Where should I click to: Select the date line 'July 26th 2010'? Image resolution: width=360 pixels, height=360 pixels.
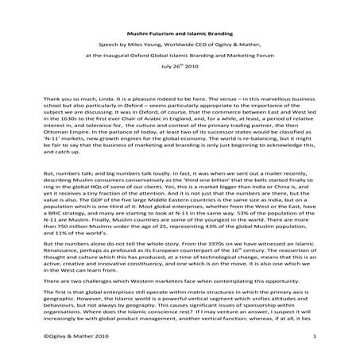point(179,68)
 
